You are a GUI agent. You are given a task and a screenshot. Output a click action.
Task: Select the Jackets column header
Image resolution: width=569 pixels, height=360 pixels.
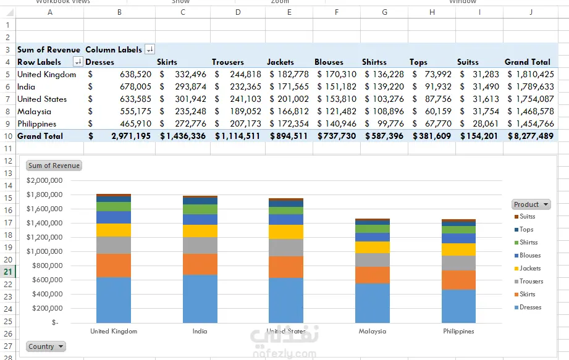coord(280,62)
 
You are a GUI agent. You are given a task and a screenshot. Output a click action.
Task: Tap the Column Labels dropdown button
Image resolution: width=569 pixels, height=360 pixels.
coord(150,49)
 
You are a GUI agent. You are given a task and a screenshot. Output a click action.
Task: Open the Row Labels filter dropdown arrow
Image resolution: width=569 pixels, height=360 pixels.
coord(78,62)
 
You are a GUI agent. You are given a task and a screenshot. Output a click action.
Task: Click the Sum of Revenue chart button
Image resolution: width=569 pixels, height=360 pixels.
coord(54,165)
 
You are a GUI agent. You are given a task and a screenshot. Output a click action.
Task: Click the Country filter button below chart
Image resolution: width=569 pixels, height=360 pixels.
coord(46,346)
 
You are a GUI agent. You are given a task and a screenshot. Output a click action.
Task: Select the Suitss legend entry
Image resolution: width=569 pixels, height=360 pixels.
coord(527,217)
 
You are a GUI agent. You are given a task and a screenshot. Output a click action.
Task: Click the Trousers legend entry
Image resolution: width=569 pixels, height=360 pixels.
coord(531,282)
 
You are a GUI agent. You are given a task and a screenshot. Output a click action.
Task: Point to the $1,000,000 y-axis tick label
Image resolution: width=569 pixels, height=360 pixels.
coord(44,251)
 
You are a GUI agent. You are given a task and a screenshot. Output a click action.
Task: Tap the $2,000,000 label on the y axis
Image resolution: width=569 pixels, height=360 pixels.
coord(44,180)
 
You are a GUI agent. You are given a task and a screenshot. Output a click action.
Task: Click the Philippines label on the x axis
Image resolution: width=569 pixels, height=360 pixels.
coord(458,331)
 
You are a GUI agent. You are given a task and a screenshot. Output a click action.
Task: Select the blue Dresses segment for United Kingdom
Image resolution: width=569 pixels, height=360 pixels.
coord(114,299)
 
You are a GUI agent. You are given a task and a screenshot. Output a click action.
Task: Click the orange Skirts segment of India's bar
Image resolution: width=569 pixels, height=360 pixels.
coord(200,264)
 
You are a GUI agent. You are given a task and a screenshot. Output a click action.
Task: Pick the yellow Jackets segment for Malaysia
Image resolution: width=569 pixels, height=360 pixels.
coord(373,247)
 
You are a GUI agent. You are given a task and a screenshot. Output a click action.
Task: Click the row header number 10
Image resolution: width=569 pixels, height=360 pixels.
coord(8,136)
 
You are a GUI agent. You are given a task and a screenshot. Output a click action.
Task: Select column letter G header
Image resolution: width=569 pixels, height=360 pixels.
coord(384,12)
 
